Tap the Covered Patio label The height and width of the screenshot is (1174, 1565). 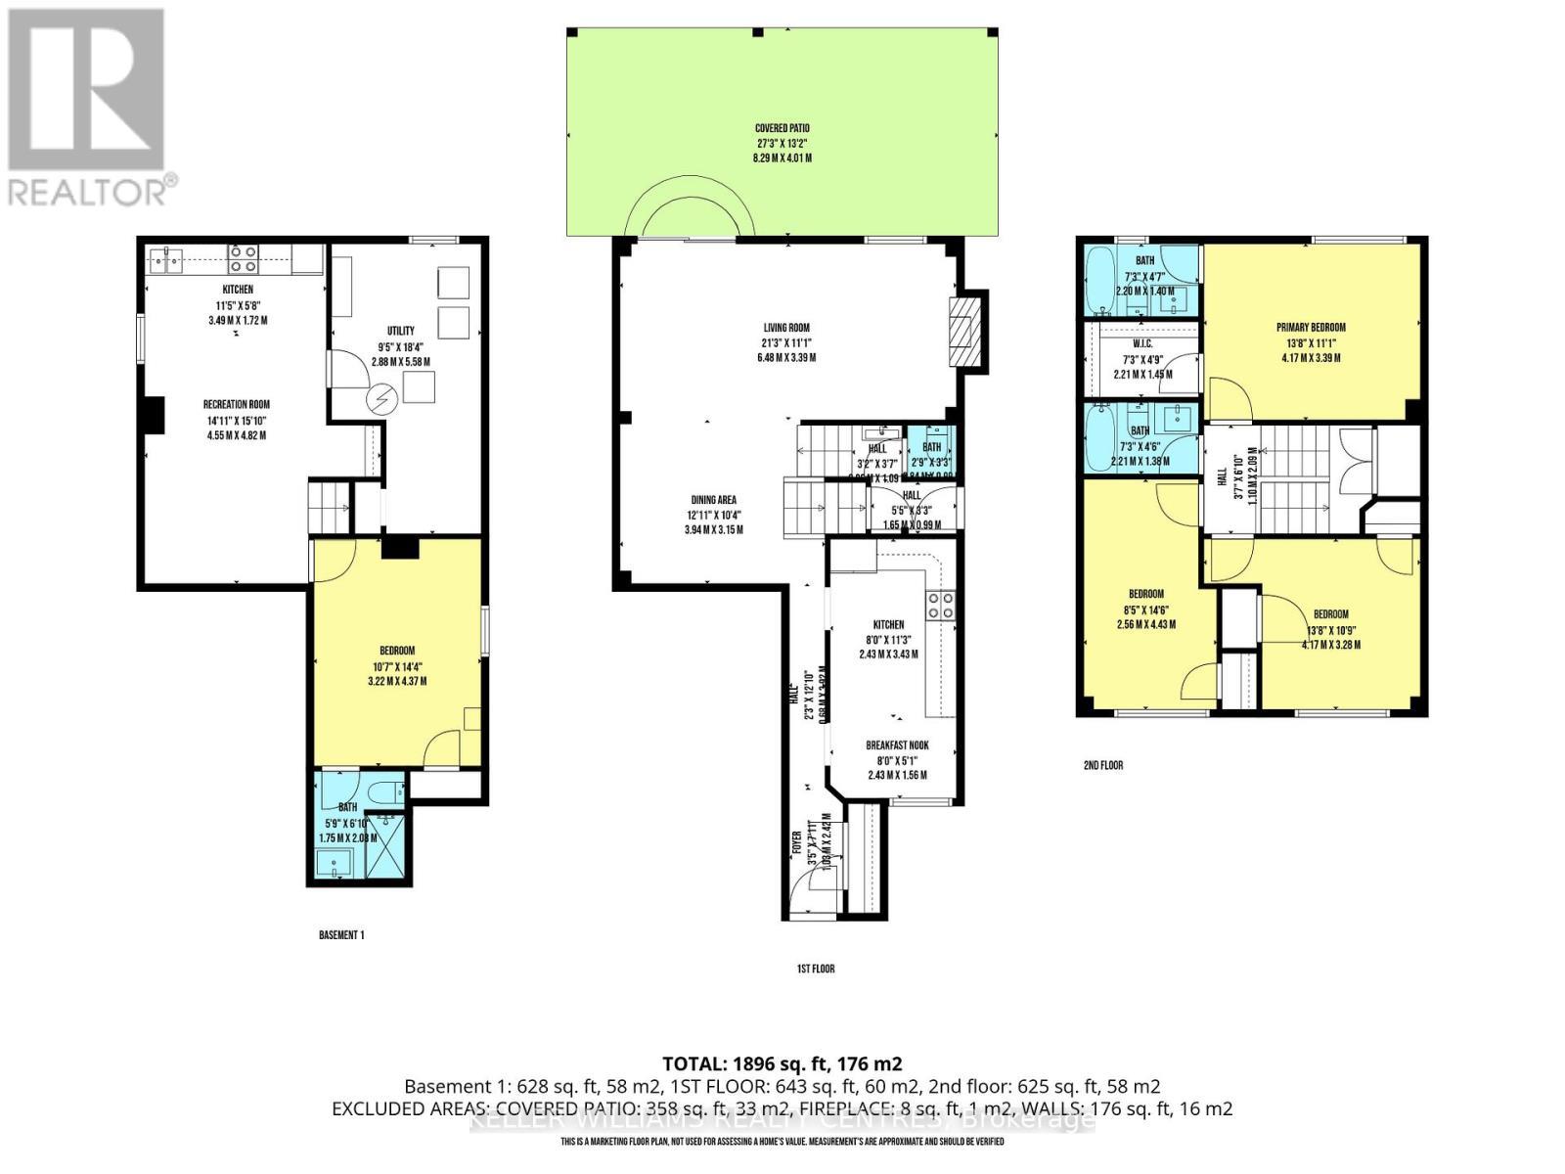(782, 128)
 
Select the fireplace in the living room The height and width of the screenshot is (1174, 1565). (965, 330)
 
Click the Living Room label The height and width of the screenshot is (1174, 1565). (786, 328)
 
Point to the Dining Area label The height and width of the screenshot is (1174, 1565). (713, 500)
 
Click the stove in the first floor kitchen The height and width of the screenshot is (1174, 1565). (941, 606)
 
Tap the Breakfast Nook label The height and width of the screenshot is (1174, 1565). (897, 745)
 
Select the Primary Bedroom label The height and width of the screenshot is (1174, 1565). (1311, 328)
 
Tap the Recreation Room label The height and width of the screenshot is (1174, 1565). (236, 404)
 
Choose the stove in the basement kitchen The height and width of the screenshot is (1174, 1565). (243, 258)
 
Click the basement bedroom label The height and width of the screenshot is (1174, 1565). (397, 651)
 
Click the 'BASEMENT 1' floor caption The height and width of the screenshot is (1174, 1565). (341, 935)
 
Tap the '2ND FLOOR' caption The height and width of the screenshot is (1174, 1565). (1102, 765)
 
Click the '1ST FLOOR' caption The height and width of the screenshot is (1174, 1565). (815, 969)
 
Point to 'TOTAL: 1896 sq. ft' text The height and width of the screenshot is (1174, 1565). (782, 1063)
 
